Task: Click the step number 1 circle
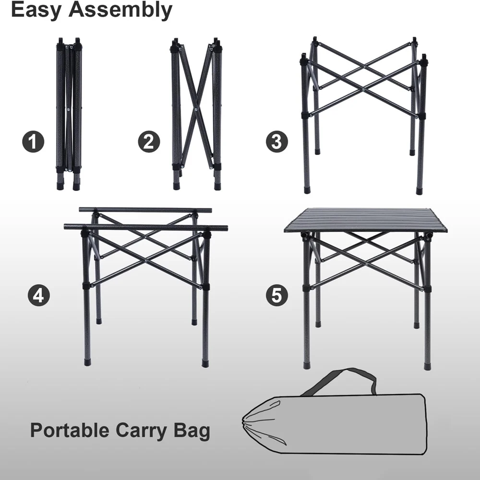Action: pos(33,142)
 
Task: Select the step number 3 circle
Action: pos(277,142)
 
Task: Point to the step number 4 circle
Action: pos(38,294)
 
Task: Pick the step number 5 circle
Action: pos(277,294)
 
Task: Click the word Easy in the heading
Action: pos(36,10)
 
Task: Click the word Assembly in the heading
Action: pos(120,10)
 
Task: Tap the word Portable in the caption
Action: pos(70,430)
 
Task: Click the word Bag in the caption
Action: pos(192,430)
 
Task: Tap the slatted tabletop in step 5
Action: pos(365,219)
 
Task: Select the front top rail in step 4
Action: pos(145,227)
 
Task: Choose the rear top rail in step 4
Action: pos(145,210)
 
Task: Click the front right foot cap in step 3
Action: pos(420,191)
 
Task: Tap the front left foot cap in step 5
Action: pos(307,366)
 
